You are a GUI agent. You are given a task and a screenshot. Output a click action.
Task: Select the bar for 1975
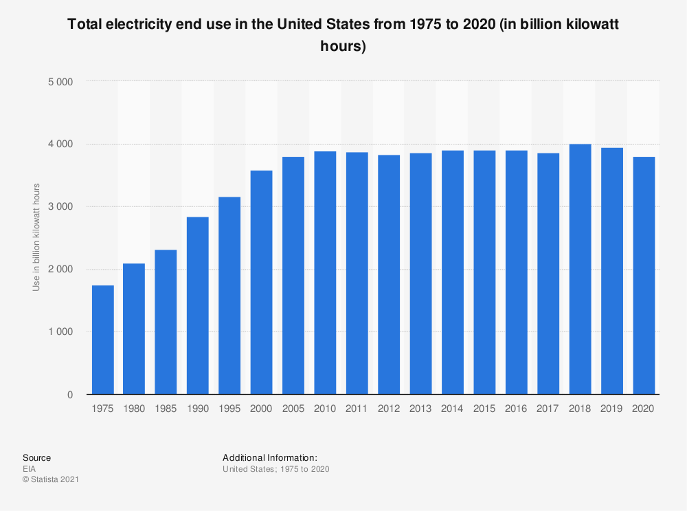tap(102, 340)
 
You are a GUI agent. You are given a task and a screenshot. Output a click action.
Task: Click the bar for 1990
tap(198, 305)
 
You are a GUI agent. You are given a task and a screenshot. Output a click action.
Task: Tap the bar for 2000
tap(262, 282)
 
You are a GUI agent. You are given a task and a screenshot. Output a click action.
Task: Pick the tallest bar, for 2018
tap(580, 269)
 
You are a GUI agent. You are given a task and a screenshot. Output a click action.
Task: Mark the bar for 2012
tap(389, 274)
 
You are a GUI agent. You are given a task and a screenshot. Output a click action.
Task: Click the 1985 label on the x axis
tap(166, 409)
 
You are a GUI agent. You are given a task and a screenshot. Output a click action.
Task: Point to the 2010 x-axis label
tap(325, 409)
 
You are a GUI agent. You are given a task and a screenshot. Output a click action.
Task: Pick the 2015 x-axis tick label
tap(484, 409)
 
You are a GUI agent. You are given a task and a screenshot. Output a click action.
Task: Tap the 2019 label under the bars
tap(611, 409)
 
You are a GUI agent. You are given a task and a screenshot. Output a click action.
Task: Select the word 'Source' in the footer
tap(36, 458)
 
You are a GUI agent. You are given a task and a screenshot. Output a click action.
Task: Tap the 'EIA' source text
tap(29, 469)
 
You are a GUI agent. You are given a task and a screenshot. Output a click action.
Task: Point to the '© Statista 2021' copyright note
tap(50, 480)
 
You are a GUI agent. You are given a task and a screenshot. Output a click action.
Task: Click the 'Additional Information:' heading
tap(269, 458)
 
